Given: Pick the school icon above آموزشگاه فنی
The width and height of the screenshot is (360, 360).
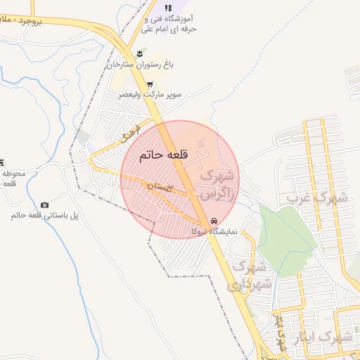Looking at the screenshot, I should [x=167, y=8].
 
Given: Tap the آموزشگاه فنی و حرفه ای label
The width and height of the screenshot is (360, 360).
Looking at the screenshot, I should [x=169, y=24].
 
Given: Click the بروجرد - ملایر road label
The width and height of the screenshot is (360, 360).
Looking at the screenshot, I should [x=41, y=22].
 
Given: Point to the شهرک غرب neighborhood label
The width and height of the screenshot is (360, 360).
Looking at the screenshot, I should [x=316, y=198].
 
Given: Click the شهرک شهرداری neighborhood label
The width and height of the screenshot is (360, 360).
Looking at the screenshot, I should [x=247, y=276].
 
